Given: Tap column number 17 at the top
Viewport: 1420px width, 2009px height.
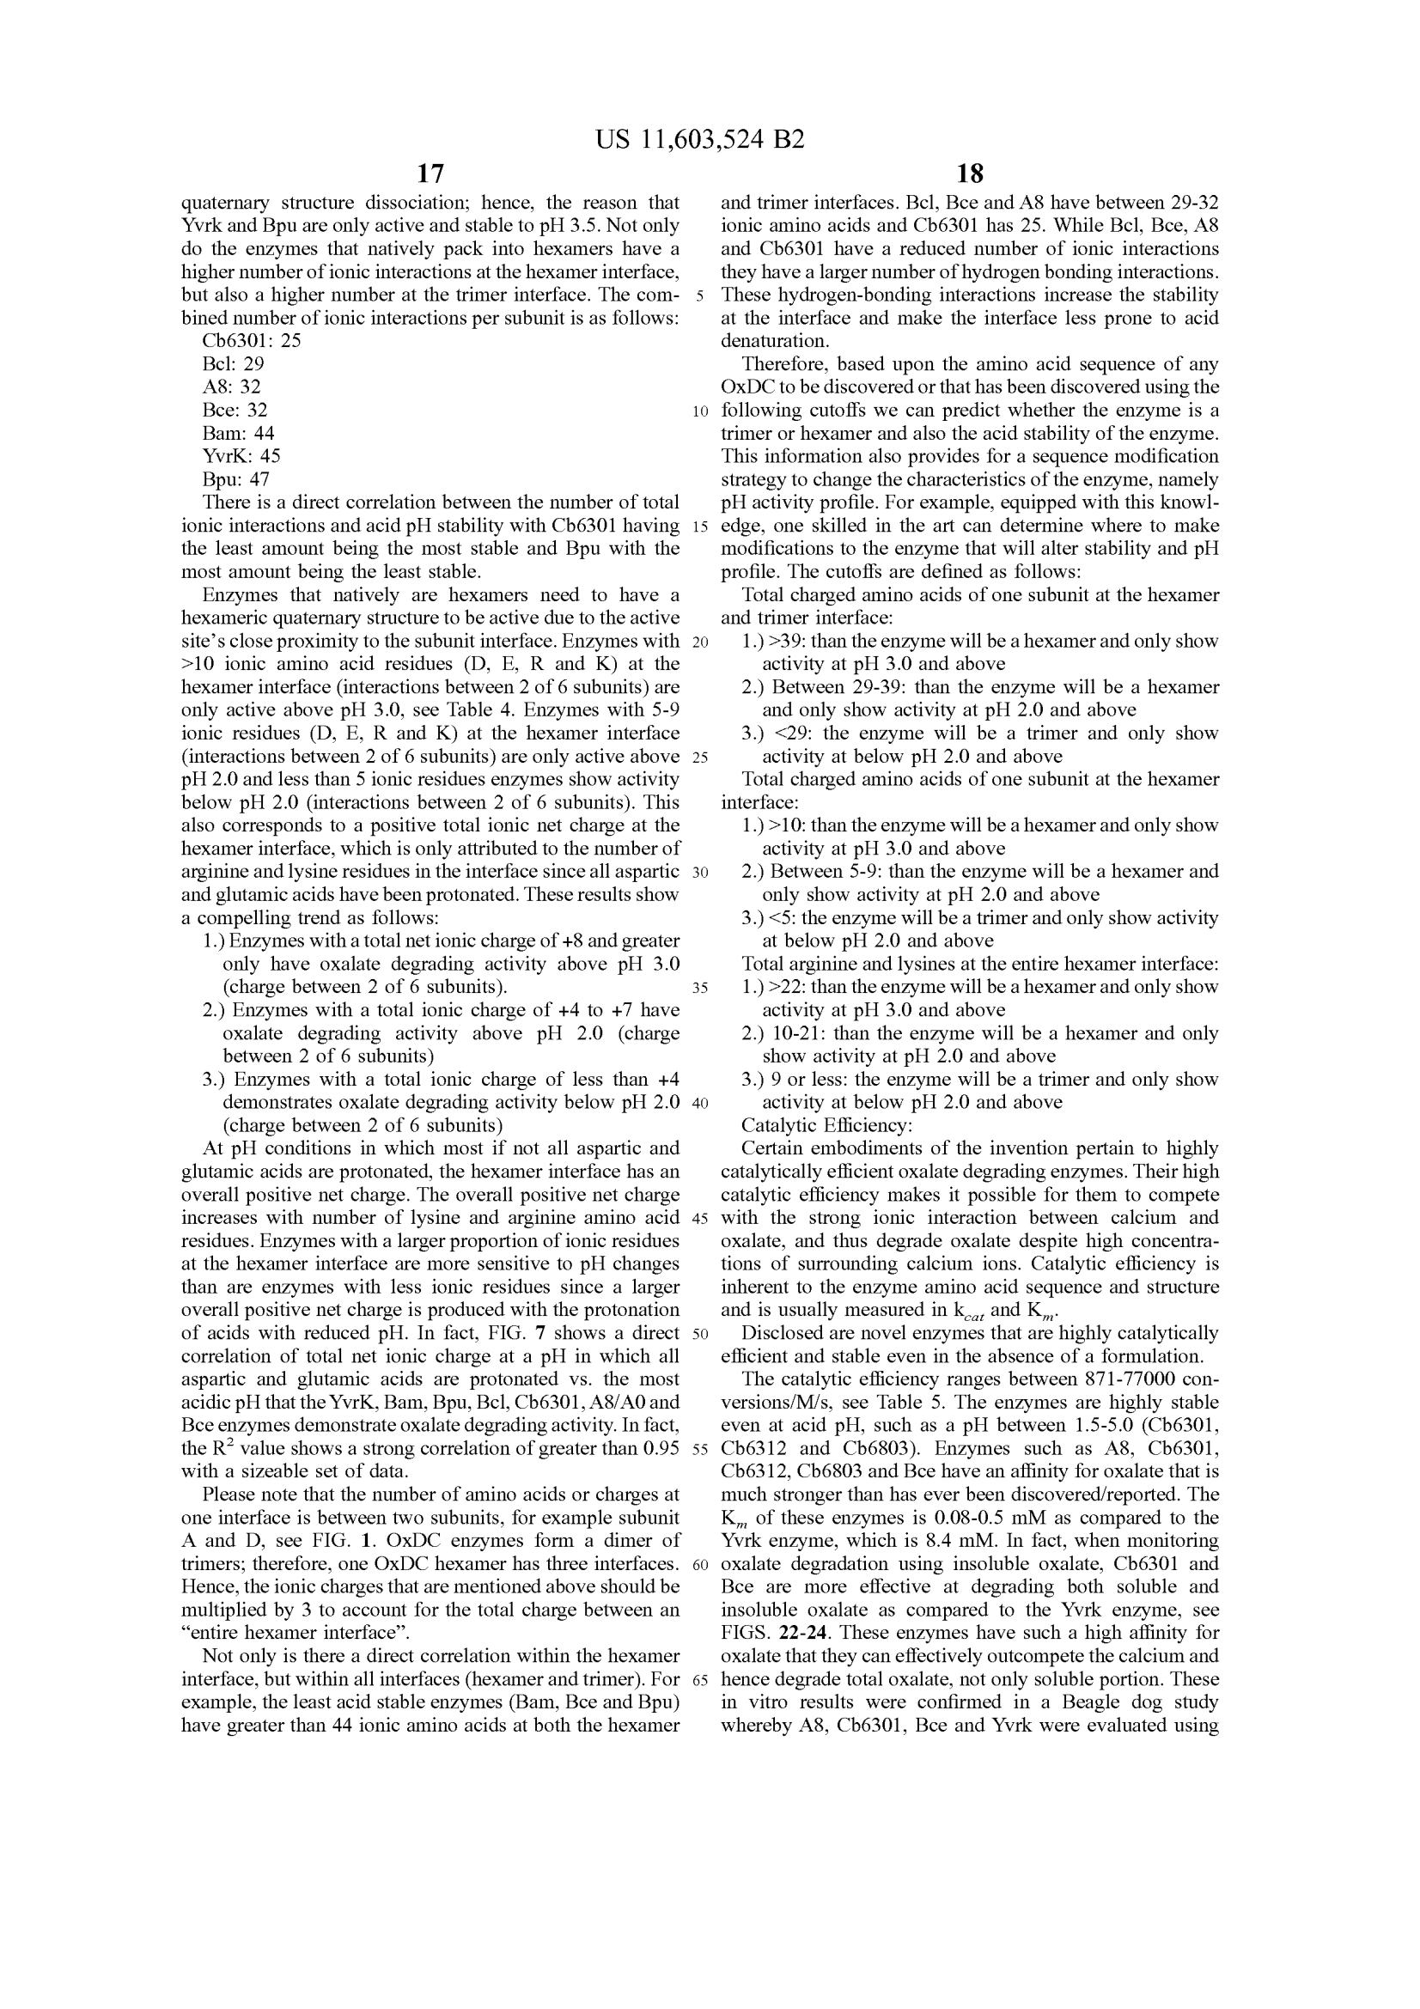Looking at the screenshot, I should (430, 174).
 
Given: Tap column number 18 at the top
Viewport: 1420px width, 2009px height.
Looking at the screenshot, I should (969, 174).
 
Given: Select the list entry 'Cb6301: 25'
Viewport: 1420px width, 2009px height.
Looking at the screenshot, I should (251, 341).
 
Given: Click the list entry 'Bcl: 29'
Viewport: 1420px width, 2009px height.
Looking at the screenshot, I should (233, 364).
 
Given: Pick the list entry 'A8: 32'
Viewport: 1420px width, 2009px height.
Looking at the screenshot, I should (231, 387).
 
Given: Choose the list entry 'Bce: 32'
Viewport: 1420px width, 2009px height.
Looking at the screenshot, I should (235, 411).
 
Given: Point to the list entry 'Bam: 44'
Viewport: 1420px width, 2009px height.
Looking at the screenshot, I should (238, 433).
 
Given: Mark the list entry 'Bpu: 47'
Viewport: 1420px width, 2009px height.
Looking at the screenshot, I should (235, 479).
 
